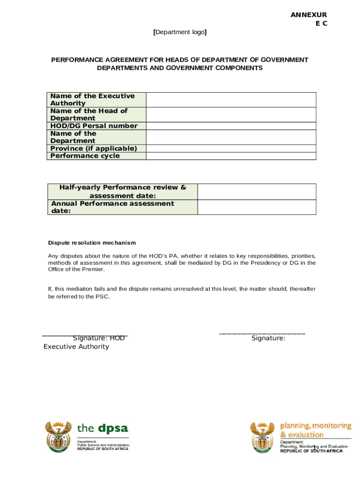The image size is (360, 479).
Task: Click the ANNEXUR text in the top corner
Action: [309, 15]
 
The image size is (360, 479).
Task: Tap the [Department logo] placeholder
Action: [180, 32]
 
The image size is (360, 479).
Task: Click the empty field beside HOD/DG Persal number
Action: [231, 126]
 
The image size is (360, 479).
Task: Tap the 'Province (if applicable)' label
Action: [94, 148]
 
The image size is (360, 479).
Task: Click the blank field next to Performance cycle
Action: [231, 156]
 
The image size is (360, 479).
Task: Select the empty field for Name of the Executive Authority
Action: [231, 100]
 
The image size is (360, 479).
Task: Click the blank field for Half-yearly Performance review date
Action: [257, 191]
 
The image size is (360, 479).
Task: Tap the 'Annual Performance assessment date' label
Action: [112, 207]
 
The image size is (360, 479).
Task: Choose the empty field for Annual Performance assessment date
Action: [257, 207]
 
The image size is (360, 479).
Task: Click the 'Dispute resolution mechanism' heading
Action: [92, 243]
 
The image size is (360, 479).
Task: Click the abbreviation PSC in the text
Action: [102, 297]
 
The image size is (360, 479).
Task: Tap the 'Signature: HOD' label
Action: [99, 338]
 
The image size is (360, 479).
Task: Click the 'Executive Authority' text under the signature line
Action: [76, 347]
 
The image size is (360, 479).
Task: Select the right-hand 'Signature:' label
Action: [268, 338]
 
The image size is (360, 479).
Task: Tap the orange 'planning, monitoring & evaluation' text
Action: [316, 430]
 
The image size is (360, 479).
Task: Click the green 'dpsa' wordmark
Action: [112, 428]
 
